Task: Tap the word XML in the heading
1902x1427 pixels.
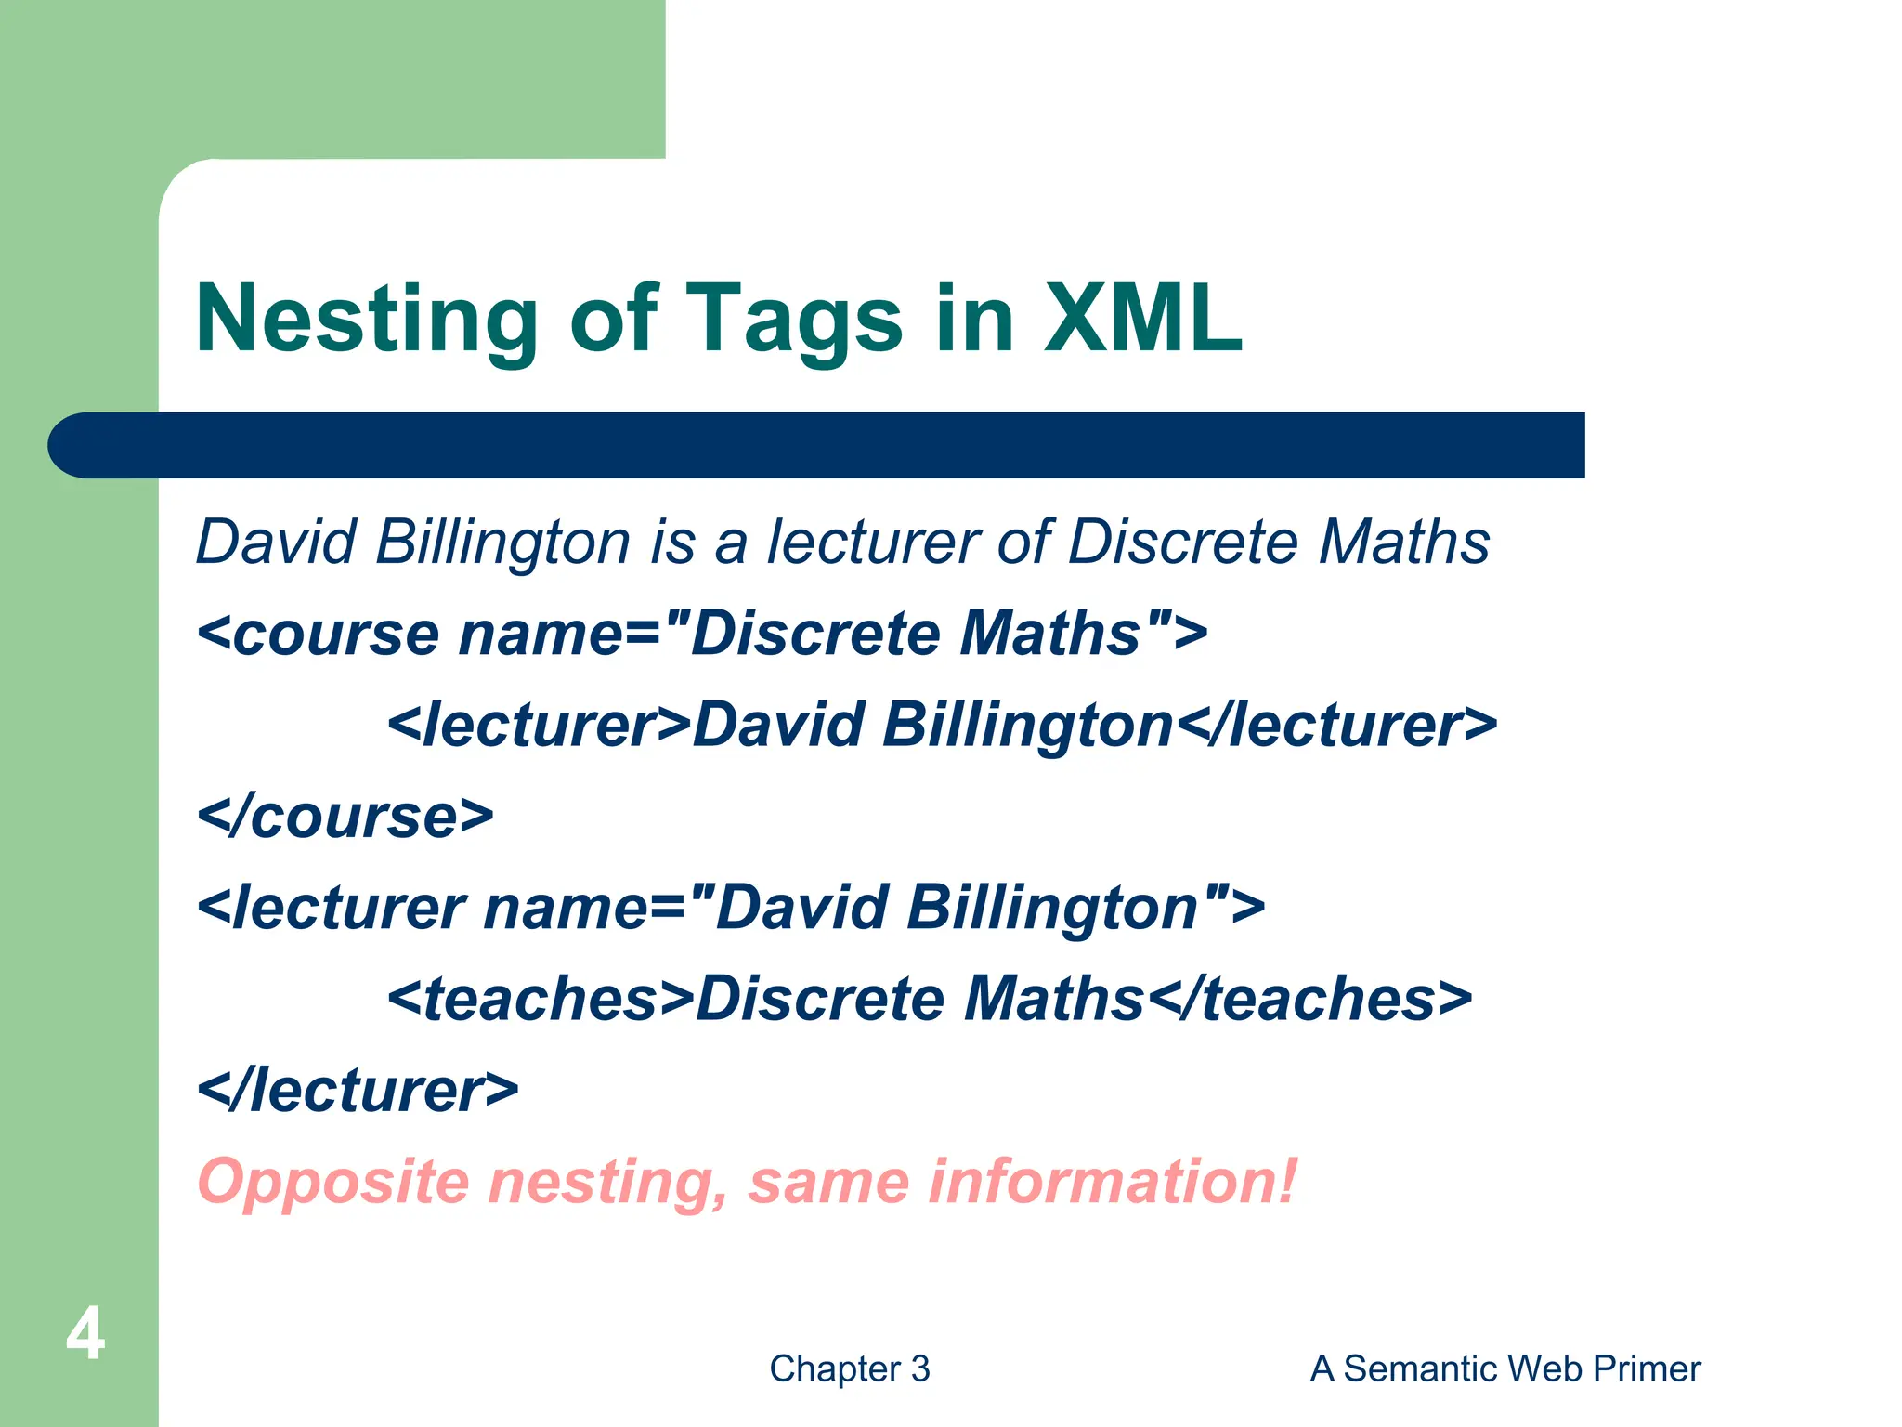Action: (x=1142, y=319)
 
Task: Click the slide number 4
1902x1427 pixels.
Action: (x=85, y=1334)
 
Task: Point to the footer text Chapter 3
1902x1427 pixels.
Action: (x=849, y=1368)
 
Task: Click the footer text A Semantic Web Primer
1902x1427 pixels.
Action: (x=1505, y=1368)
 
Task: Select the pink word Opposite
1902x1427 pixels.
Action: (x=333, y=1183)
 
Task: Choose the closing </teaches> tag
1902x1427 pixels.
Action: (x=1309, y=999)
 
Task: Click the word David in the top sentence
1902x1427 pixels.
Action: (x=276, y=542)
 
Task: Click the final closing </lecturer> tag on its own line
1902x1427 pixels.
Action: (x=358, y=1090)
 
